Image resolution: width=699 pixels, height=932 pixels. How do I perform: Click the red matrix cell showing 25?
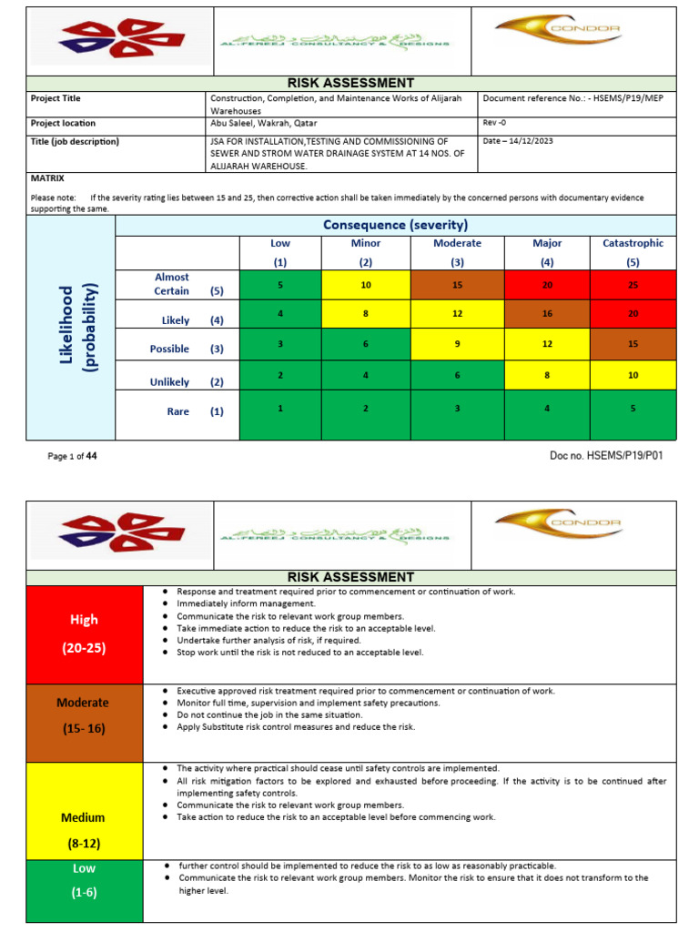[633, 285]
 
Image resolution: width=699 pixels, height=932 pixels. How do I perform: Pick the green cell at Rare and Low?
[279, 409]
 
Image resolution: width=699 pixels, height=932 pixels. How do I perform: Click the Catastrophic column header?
[633, 251]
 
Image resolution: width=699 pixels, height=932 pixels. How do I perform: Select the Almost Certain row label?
[177, 284]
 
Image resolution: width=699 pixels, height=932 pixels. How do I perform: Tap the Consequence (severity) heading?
[395, 225]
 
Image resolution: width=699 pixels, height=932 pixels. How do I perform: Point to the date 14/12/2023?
[520, 141]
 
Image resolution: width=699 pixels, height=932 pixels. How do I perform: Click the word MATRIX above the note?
[47, 178]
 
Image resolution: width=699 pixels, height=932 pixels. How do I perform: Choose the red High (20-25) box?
[85, 634]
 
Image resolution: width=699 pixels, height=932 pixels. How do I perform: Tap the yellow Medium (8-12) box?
[85, 830]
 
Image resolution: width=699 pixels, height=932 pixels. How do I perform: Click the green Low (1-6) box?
[85, 880]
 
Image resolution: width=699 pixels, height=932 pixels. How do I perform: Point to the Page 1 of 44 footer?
[73, 457]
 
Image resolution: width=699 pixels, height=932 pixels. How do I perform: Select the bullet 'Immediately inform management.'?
[247, 603]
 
